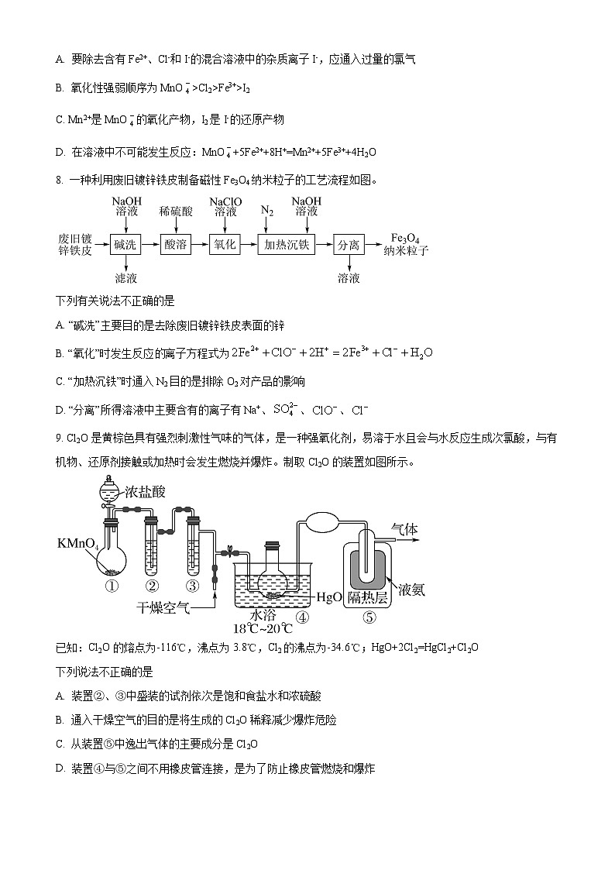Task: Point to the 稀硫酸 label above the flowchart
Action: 175,211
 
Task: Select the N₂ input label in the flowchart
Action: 267,211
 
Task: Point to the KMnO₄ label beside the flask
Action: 78,545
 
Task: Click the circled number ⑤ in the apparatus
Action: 369,617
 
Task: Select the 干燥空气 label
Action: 163,608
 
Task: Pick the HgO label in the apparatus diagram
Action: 330,597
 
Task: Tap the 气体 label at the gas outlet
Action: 404,529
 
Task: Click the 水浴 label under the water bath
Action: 261,614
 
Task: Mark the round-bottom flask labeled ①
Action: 113,559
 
